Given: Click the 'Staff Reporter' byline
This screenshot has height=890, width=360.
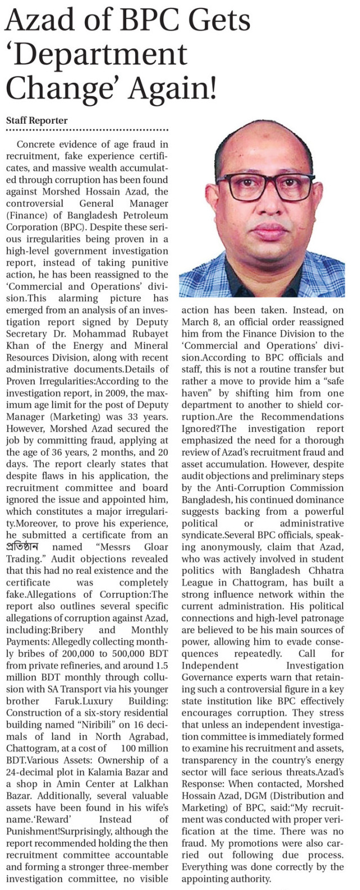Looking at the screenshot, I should tap(37, 120).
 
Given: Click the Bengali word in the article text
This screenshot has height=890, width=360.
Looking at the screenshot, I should tap(22, 547).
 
